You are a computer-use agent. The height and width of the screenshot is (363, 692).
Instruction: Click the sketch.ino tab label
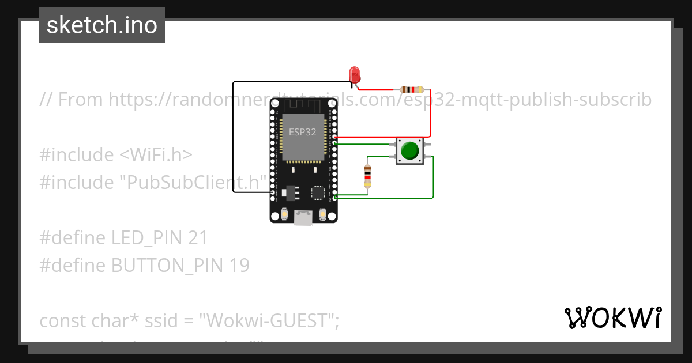[x=102, y=25]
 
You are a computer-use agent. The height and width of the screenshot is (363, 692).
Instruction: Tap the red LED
[x=355, y=75]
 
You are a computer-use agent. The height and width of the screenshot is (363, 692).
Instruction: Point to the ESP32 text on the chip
[x=302, y=132]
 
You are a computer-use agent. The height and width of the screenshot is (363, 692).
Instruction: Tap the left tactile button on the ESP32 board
[x=285, y=215]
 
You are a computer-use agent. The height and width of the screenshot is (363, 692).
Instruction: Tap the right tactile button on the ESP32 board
[x=322, y=215]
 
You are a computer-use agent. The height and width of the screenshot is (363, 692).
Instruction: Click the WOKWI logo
[x=612, y=318]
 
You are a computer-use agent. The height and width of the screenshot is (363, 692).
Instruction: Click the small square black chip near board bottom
[x=317, y=192]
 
